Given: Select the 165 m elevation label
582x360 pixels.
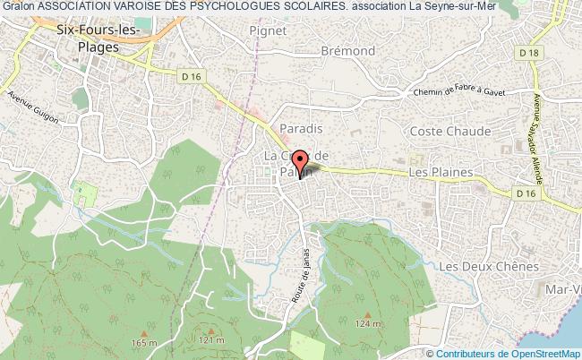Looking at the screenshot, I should click(x=144, y=342).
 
